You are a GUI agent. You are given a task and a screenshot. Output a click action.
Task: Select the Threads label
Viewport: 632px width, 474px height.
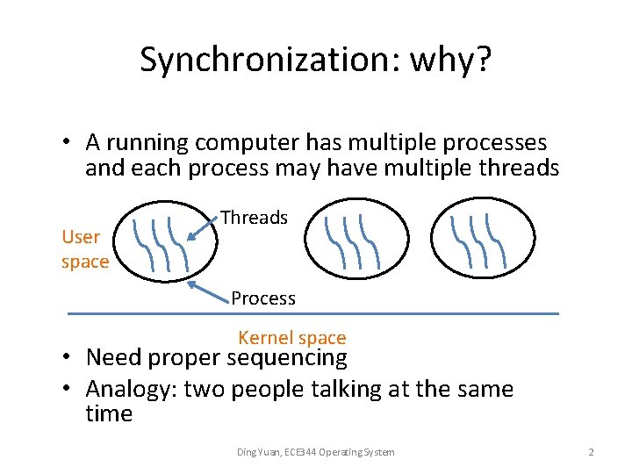[x=254, y=218]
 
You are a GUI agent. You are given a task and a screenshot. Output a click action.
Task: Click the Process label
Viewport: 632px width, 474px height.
[x=263, y=298]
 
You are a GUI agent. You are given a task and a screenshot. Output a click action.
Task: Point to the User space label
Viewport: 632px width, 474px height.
[x=85, y=249]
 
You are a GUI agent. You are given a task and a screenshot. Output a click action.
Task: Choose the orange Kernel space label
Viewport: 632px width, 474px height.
[x=292, y=338]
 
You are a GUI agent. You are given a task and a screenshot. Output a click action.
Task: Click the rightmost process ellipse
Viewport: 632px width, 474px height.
[x=478, y=238]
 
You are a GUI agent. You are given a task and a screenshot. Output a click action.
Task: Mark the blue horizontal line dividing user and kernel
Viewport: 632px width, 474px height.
[x=316, y=313]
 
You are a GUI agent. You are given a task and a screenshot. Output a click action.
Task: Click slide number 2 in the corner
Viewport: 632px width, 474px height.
[x=591, y=452]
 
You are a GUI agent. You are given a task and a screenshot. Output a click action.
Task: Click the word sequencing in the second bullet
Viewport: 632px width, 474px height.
[x=287, y=358]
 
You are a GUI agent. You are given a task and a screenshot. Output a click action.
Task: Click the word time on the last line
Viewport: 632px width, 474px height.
[x=109, y=413]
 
